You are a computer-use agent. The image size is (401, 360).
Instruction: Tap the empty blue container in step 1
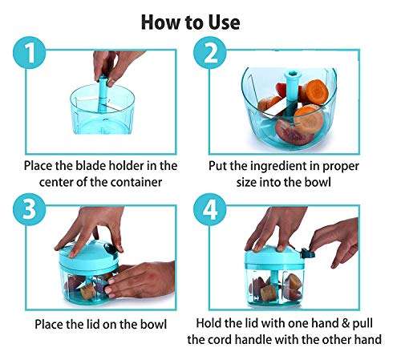[104, 116]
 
